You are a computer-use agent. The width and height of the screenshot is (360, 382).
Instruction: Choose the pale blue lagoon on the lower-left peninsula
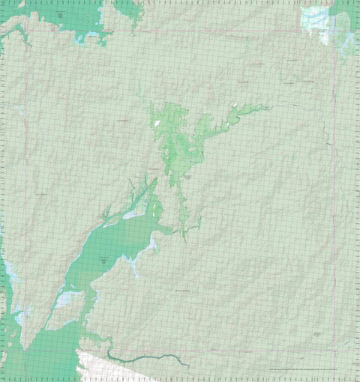coord(66,299)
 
